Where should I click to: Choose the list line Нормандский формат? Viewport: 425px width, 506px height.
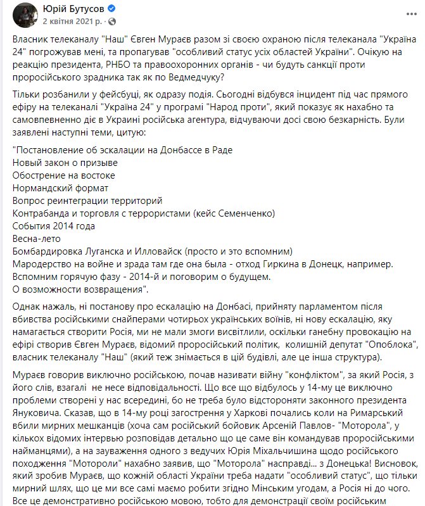(60, 188)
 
